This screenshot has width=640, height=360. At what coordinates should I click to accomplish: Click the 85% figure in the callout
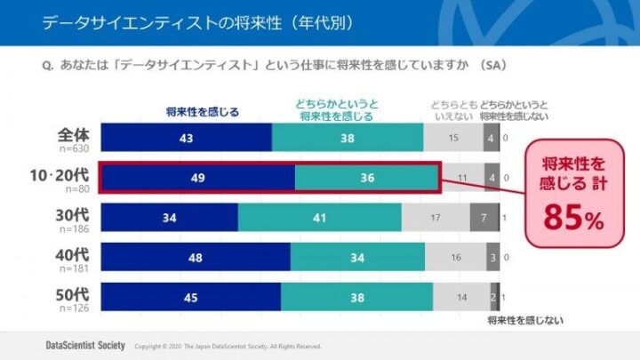(575, 217)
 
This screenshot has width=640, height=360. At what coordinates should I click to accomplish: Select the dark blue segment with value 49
(197, 178)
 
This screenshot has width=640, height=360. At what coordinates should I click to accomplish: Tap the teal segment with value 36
(366, 178)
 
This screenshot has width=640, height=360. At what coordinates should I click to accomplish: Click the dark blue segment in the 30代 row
(169, 217)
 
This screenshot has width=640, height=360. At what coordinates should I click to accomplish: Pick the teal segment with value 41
(320, 217)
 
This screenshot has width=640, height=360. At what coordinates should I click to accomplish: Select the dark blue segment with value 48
(196, 257)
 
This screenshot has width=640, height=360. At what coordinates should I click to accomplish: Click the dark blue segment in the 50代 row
(191, 297)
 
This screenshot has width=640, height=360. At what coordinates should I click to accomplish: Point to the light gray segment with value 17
(436, 217)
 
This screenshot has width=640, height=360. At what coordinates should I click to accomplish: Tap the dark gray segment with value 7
(484, 217)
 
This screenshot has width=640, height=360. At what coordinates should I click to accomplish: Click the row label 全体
(74, 134)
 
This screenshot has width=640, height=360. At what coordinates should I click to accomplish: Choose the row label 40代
(73, 254)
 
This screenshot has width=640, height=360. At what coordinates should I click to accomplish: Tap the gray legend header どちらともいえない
(452, 109)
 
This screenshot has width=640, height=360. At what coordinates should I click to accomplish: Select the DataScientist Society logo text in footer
(84, 345)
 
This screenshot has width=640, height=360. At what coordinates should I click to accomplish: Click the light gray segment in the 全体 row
(452, 138)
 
